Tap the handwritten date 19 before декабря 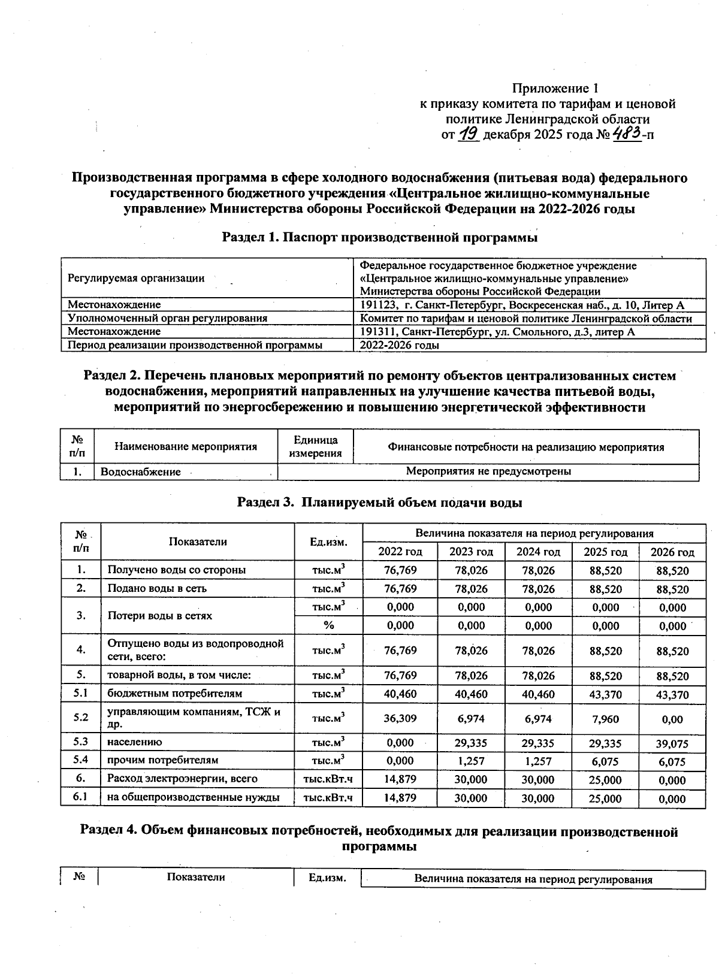pyautogui.click(x=468, y=134)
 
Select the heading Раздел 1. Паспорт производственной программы pyautogui.click(x=379, y=237)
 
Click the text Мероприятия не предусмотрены pyautogui.click(x=488, y=471)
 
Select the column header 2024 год pyautogui.click(x=538, y=552)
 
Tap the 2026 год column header pyautogui.click(x=672, y=552)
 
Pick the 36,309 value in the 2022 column pyautogui.click(x=400, y=718)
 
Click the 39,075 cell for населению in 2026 pyautogui.click(x=672, y=744)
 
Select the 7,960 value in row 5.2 pyautogui.click(x=605, y=718)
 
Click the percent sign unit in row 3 pyautogui.click(x=328, y=625)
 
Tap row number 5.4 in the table pyautogui.click(x=81, y=760)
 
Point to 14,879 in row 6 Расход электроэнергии pyautogui.click(x=400, y=779)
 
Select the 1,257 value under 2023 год pyautogui.click(x=471, y=761)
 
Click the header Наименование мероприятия pyautogui.click(x=186, y=446)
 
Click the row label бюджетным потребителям pyautogui.click(x=174, y=694)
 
